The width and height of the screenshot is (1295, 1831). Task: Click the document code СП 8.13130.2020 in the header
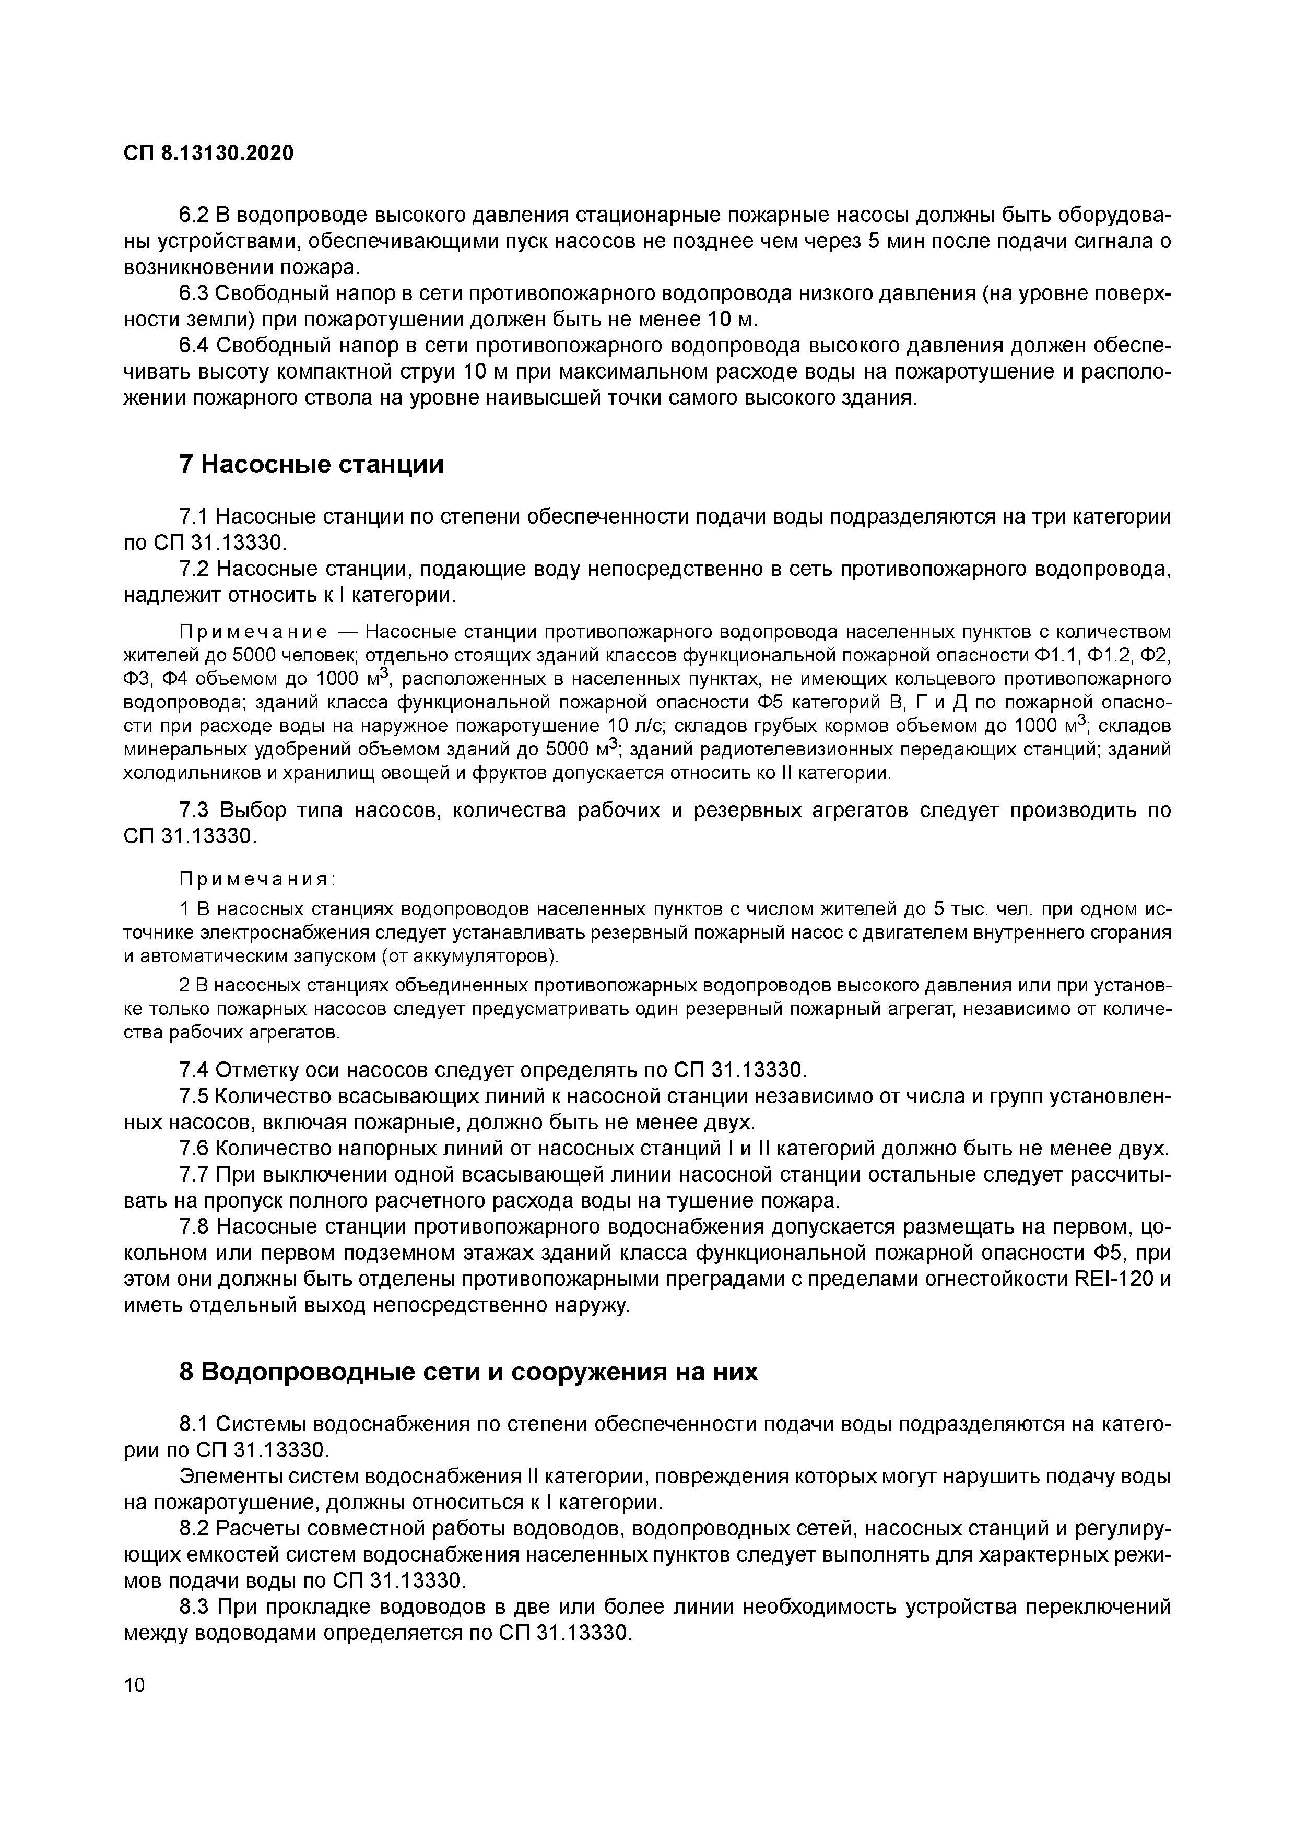pos(209,152)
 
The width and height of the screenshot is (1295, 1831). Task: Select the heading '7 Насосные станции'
pos(311,464)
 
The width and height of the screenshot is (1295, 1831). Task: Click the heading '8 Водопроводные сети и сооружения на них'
pos(468,1372)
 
